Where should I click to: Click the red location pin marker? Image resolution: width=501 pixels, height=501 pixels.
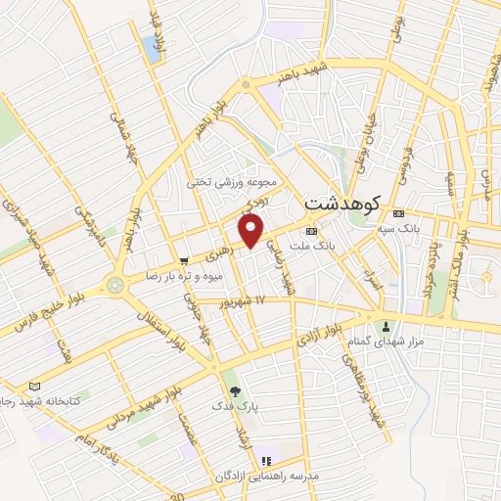[x=252, y=232]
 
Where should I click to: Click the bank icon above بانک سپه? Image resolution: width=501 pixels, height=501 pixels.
[x=397, y=214]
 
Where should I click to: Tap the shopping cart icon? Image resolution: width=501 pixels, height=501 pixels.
[x=185, y=261]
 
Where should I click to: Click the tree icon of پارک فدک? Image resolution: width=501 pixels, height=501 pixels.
[x=234, y=388]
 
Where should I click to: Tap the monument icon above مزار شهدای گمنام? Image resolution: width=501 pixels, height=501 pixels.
[x=387, y=327]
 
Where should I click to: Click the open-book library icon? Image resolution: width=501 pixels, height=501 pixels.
[x=36, y=387]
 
